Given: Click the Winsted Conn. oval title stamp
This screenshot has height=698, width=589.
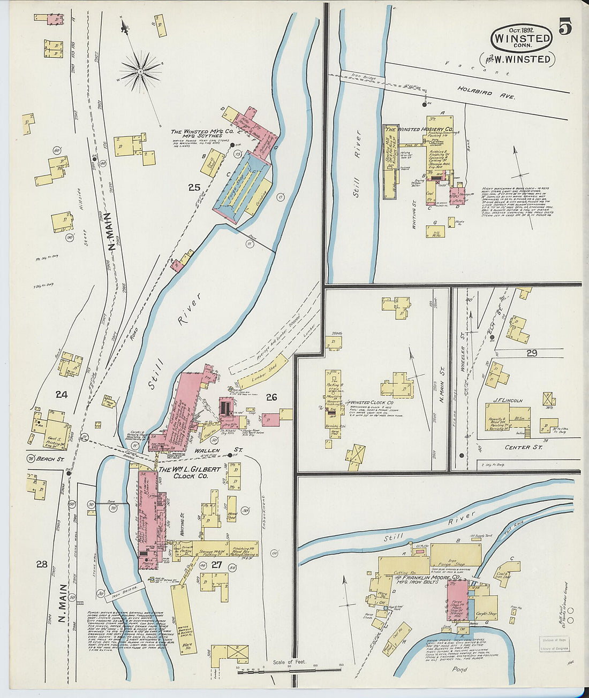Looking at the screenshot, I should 522,38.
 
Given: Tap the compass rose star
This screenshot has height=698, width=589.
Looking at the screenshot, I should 141,70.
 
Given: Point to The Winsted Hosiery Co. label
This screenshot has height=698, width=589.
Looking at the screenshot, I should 419,129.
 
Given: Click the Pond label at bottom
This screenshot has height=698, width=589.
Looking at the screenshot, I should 459,669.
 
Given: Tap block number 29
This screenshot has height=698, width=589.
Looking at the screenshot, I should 531,353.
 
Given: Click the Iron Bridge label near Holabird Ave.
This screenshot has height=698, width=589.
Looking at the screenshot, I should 364,78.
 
